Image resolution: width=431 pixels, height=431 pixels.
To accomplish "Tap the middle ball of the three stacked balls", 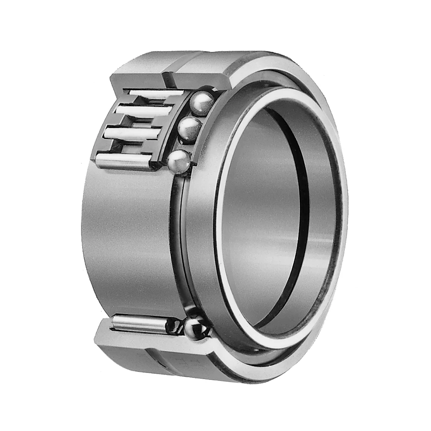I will pyautogui.click(x=190, y=129).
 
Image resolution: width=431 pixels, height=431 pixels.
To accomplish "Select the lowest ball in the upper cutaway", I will pyautogui.click(x=179, y=162).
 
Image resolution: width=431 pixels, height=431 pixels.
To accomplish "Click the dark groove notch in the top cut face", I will pyautogui.click(x=167, y=78).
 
